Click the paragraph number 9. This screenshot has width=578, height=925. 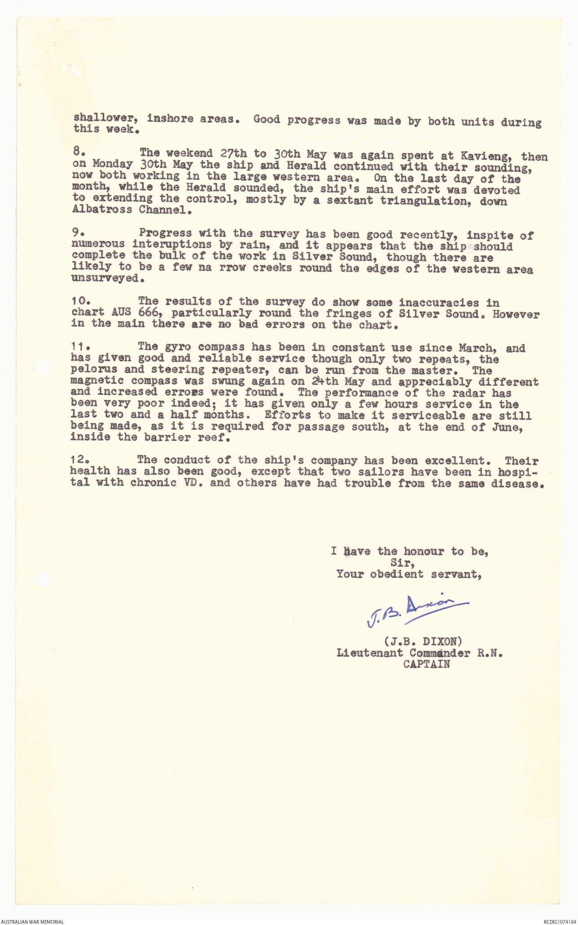76,232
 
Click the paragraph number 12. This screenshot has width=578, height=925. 79,459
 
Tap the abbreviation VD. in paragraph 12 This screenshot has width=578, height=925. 193,483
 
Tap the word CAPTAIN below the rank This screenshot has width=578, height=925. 426,664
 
